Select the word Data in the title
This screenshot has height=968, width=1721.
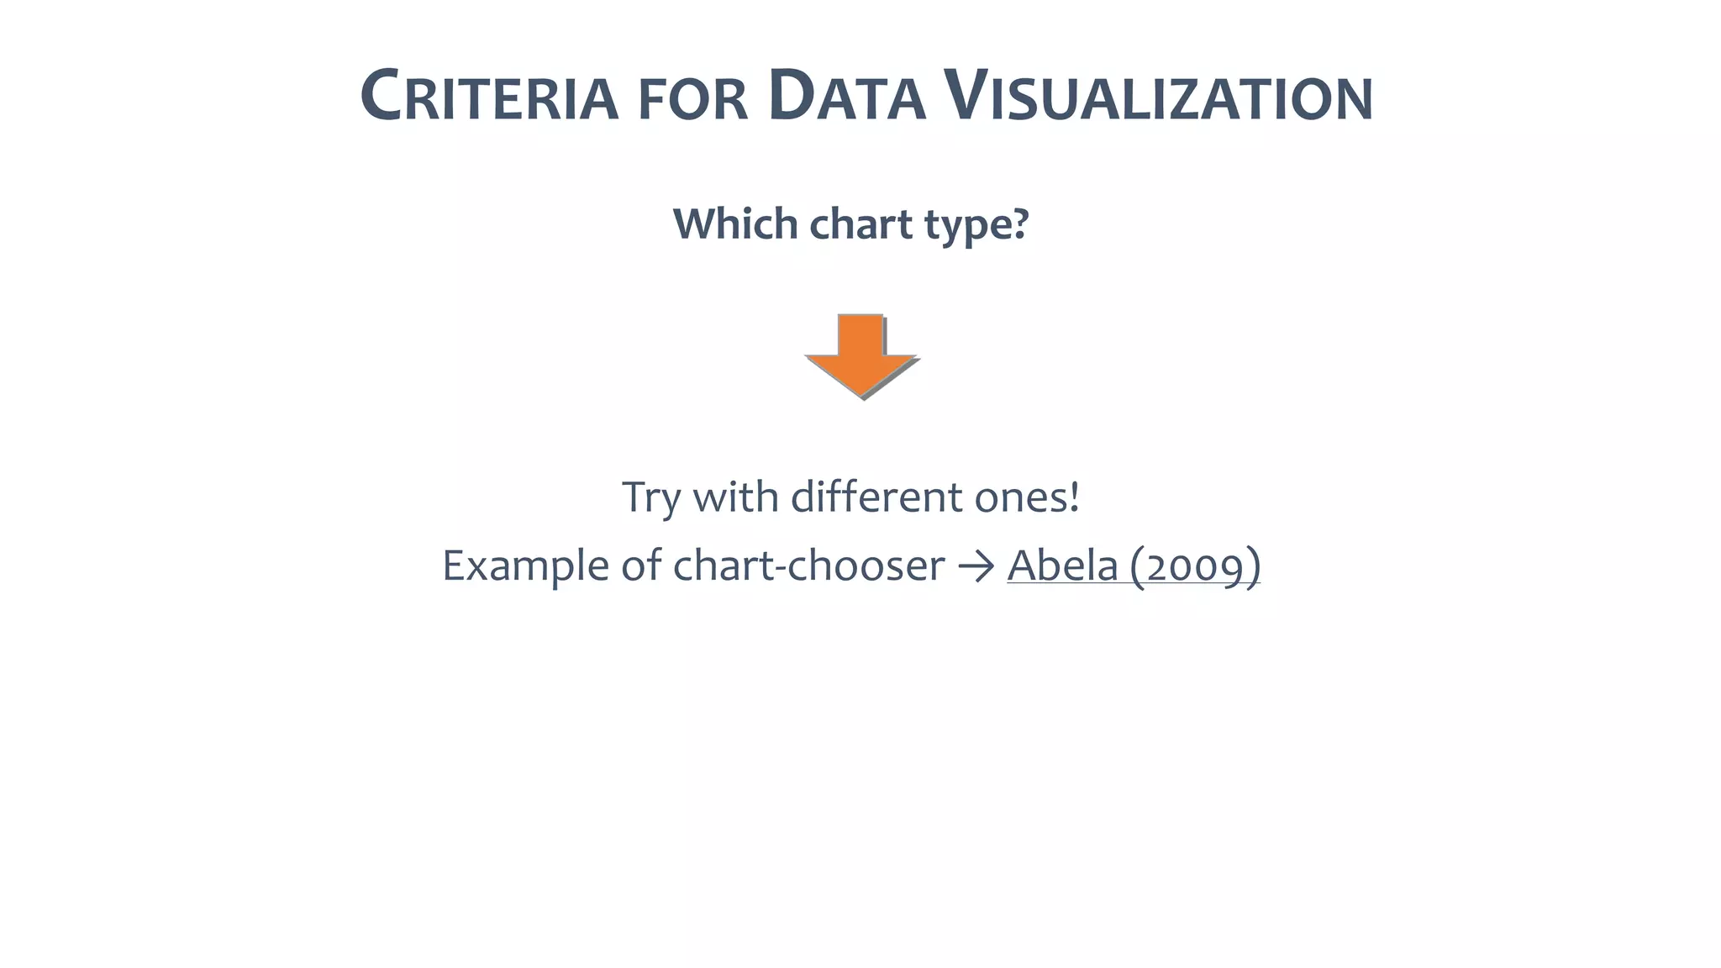pyautogui.click(x=846, y=97)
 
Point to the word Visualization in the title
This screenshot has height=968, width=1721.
pyautogui.click(x=1158, y=97)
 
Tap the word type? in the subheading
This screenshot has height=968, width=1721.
pyautogui.click(x=976, y=225)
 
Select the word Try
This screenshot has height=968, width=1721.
pyautogui.click(x=650, y=497)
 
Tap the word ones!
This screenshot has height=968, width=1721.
pyautogui.click(x=1027, y=497)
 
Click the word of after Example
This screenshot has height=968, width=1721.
pyautogui.click(x=641, y=565)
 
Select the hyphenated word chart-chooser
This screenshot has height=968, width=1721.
pyautogui.click(x=808, y=565)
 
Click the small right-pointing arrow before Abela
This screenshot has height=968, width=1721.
pyautogui.click(x=976, y=566)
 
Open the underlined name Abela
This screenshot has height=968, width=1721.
pyautogui.click(x=1062, y=565)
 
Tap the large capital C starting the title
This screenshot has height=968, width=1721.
pyautogui.click(x=379, y=96)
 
